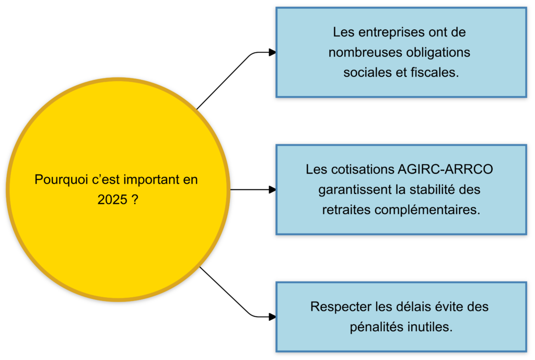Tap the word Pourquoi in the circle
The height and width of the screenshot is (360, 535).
click(x=56, y=180)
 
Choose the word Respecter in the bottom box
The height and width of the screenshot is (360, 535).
click(x=337, y=307)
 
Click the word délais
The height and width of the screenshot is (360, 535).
click(x=403, y=307)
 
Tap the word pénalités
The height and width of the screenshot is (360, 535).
click(x=376, y=327)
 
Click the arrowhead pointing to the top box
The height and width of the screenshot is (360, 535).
click(x=272, y=52)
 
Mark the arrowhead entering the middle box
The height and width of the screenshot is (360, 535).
click(x=272, y=190)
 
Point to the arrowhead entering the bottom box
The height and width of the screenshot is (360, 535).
click(x=272, y=317)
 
